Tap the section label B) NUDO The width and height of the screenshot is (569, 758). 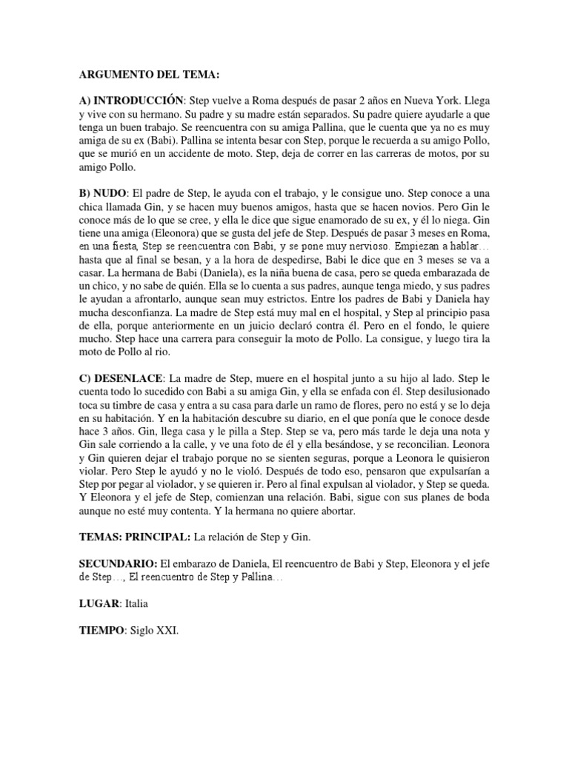tap(103, 192)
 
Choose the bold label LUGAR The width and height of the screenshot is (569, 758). tap(101, 604)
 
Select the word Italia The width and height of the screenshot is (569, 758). tap(138, 604)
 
